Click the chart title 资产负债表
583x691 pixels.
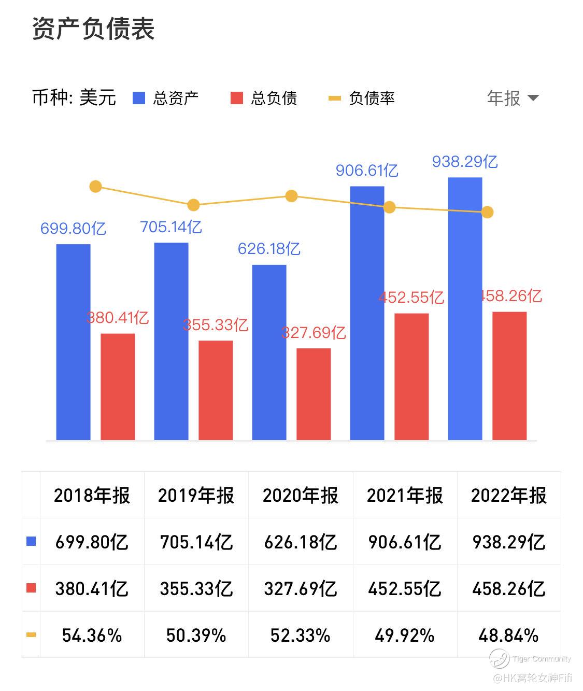tap(93, 29)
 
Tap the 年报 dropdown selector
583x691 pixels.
tap(513, 98)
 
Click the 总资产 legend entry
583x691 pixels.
tap(166, 98)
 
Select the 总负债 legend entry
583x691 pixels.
tap(264, 98)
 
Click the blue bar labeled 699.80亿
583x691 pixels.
tap(73, 342)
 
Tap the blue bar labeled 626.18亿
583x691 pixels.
tap(269, 352)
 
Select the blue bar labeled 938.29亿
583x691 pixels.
tap(465, 308)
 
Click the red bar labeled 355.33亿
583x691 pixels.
tap(216, 390)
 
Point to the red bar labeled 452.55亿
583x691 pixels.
tap(411, 376)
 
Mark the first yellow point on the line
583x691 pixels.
tap(95, 187)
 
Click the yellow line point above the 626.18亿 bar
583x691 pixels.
tap(291, 196)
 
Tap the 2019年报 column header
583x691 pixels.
tap(196, 496)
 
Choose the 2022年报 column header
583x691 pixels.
tap(508, 496)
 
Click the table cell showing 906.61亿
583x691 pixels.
tap(404, 542)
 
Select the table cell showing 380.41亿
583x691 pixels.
tap(92, 589)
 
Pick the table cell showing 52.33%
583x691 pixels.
tap(300, 635)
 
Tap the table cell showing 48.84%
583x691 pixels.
tap(508, 635)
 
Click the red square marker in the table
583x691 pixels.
tap(31, 588)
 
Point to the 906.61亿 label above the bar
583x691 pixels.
tap(367, 170)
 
